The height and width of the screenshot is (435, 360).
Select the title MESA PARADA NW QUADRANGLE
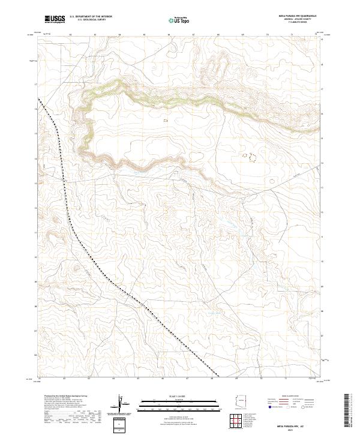pyautogui.click(x=298, y=15)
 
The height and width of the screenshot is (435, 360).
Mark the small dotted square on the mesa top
pyautogui.click(x=166, y=120)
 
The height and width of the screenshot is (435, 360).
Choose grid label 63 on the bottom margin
pyautogui.click(x=88, y=379)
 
